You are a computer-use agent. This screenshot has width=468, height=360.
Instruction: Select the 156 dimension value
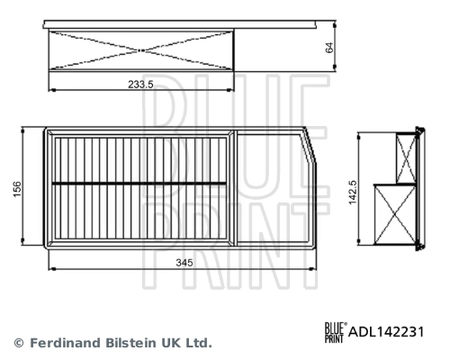pos(17,189)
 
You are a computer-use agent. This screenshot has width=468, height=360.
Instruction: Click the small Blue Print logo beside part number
pos(334,331)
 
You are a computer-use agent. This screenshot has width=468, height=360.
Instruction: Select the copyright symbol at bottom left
pos(18,343)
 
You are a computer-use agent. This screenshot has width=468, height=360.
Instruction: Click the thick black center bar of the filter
pos(139,184)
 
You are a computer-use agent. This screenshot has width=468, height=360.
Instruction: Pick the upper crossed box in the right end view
pos(406,158)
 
